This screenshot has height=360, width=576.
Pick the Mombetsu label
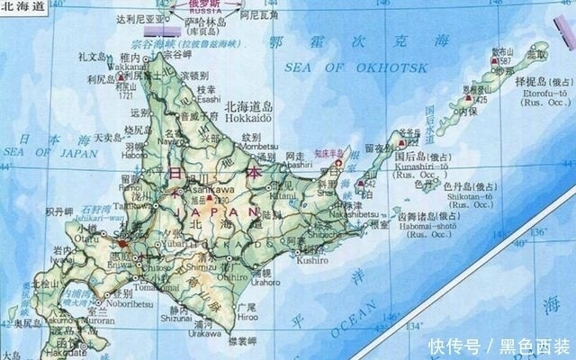pyautogui.click(x=258, y=145)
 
